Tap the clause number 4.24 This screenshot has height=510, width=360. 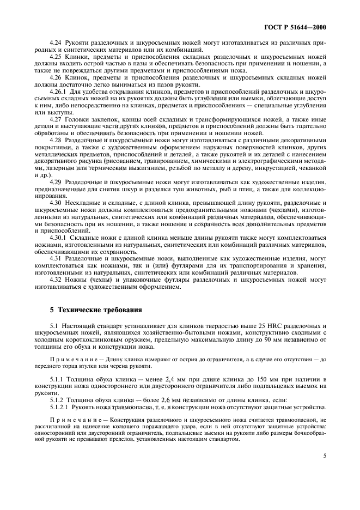click(55, 42)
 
